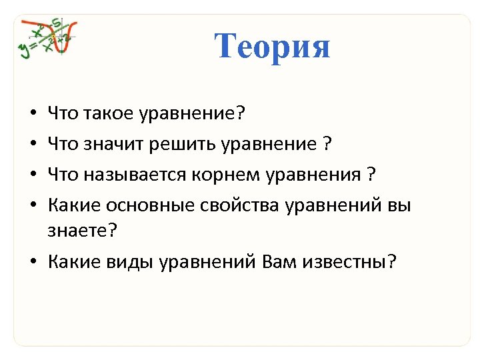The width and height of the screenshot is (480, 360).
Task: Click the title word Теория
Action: (x=272, y=47)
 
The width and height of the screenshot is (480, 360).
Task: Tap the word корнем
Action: (x=212, y=176)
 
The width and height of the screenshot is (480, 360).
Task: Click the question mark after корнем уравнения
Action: (x=371, y=176)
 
